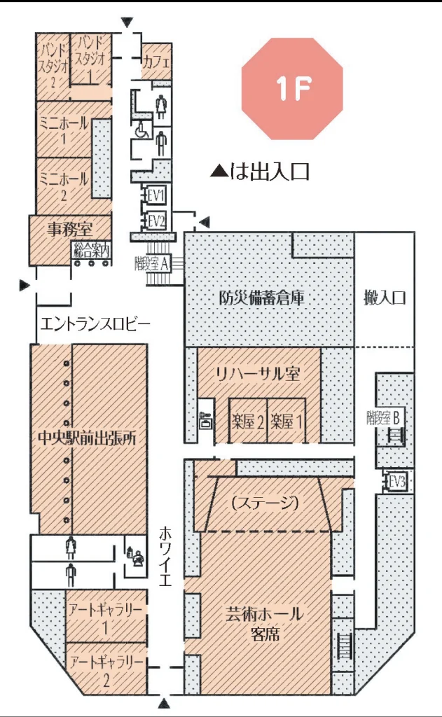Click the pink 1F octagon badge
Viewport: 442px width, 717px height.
point(292,88)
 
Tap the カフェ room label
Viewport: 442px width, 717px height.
point(156,62)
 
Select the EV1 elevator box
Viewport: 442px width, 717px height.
point(156,196)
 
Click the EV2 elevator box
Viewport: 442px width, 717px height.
point(156,221)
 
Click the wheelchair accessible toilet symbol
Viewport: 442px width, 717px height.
point(140,130)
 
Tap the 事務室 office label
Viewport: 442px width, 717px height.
point(69,229)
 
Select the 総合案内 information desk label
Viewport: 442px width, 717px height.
point(91,250)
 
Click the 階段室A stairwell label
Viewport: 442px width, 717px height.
point(152,263)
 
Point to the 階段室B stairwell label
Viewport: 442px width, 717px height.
point(383,417)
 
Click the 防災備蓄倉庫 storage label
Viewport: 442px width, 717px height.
point(262,298)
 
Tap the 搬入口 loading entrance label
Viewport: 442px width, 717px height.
point(385,298)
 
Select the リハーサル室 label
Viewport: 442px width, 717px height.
point(258,374)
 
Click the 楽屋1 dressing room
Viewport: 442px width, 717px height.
point(286,421)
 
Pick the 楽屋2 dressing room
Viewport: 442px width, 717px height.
point(247,421)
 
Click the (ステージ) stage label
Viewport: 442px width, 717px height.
point(265,503)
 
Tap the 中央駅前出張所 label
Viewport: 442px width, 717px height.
point(87,438)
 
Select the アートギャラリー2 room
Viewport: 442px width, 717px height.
point(106,669)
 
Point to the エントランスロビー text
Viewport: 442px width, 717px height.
point(95,324)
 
